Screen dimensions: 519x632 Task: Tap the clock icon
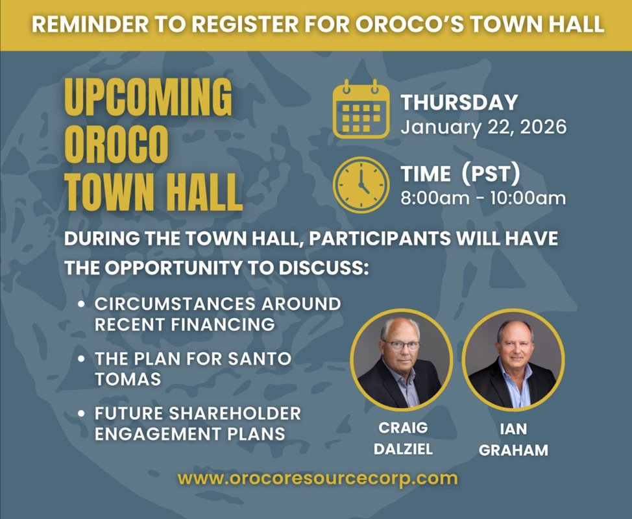click(x=361, y=184)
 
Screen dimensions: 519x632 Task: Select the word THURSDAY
click(x=459, y=103)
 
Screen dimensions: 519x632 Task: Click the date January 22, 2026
click(x=483, y=126)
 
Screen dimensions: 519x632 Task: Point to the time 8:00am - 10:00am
click(x=483, y=197)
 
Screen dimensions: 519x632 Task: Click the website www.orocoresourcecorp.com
click(x=317, y=479)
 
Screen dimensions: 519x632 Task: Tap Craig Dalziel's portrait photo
click(x=401, y=359)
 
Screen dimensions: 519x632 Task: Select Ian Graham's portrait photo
click(x=513, y=359)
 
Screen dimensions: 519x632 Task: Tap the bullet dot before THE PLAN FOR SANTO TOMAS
click(x=80, y=359)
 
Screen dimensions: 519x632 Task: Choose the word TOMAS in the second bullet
click(x=127, y=379)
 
